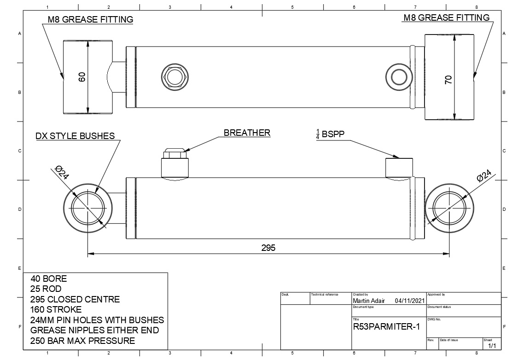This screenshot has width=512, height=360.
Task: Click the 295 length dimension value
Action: point(268,248)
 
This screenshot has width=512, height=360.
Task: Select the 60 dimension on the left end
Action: point(82,77)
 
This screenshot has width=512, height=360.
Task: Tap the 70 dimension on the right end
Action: point(448,79)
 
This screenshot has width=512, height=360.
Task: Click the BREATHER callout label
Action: point(247,133)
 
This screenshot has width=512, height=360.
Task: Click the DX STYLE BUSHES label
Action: point(75,136)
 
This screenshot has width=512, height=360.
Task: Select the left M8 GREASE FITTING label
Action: point(91,20)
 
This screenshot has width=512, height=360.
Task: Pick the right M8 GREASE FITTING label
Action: point(446,18)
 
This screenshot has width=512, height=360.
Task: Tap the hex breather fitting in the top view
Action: point(175,76)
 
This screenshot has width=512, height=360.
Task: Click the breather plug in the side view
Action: point(174,163)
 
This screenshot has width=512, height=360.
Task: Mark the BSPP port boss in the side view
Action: point(399,167)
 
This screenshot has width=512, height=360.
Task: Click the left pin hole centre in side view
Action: point(87,208)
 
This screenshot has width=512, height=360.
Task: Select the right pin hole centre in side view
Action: point(449,208)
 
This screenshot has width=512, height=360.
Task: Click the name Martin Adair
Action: point(368,301)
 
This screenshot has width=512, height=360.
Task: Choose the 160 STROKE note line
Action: point(56,309)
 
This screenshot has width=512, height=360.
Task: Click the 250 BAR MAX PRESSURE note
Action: point(82,341)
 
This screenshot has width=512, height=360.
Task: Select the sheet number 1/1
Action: point(492,346)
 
